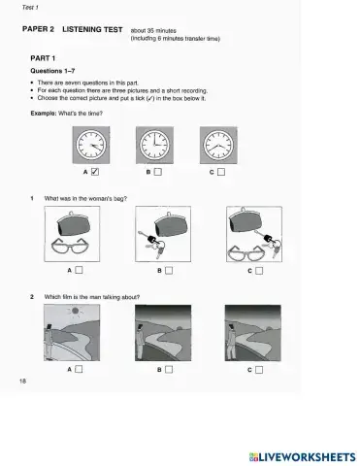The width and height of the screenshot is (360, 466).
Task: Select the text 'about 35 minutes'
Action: point(154,30)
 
